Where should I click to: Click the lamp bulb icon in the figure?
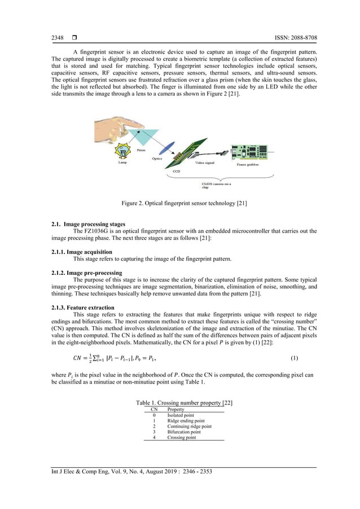click(x=122, y=151)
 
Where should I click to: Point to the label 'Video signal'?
click(x=204, y=163)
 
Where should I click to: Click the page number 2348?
click(x=58, y=38)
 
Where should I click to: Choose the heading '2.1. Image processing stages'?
click(x=88, y=225)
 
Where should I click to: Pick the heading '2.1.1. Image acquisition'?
click(x=81, y=252)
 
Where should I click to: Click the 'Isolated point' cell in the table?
click(x=180, y=415)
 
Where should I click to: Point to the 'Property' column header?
click(x=177, y=409)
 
